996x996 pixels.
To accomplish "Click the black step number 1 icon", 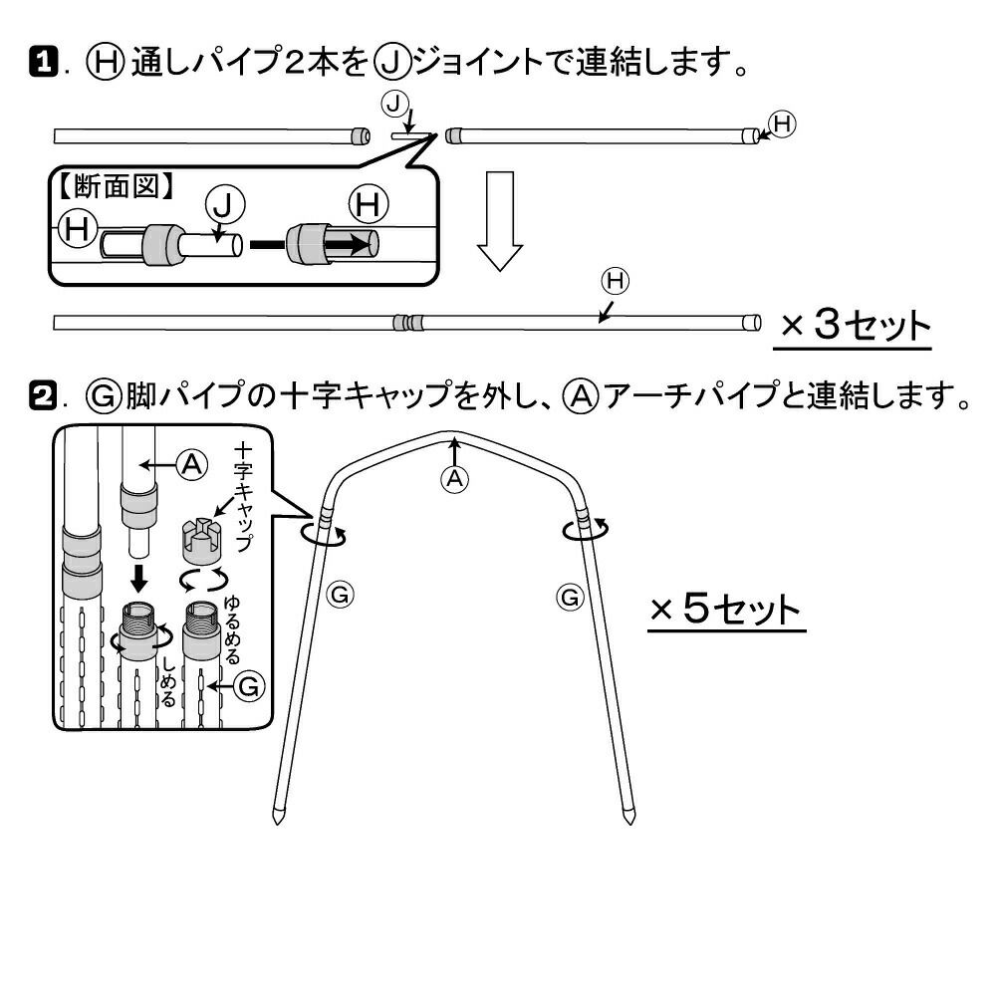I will (44, 65).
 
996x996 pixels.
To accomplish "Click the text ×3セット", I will (854, 326).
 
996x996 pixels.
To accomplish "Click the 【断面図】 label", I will (115, 184).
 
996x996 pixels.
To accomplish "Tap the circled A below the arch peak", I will (455, 478).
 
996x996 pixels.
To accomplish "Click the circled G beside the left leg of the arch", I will (340, 596).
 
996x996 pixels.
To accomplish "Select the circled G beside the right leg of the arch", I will (570, 597).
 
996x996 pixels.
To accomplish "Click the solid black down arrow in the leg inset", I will (140, 576).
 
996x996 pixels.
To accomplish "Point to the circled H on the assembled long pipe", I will (615, 282).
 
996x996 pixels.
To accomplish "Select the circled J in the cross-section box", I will (224, 205).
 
